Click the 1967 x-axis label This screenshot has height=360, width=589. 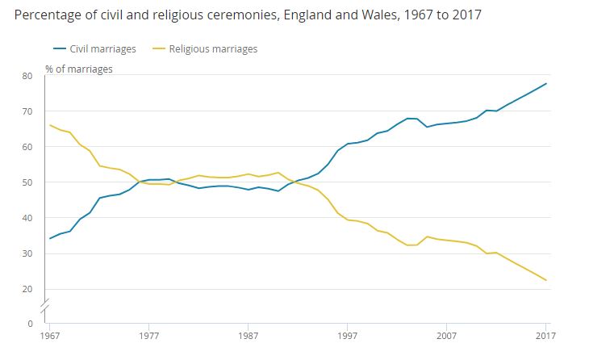click(50, 336)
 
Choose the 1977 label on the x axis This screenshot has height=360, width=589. click(148, 336)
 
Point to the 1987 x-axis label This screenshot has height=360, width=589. click(248, 336)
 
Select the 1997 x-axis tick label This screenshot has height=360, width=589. click(348, 336)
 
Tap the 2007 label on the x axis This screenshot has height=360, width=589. click(447, 336)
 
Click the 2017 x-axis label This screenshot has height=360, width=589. click(545, 336)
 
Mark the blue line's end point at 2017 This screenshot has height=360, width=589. click(546, 84)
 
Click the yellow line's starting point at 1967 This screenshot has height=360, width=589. click(50, 125)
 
